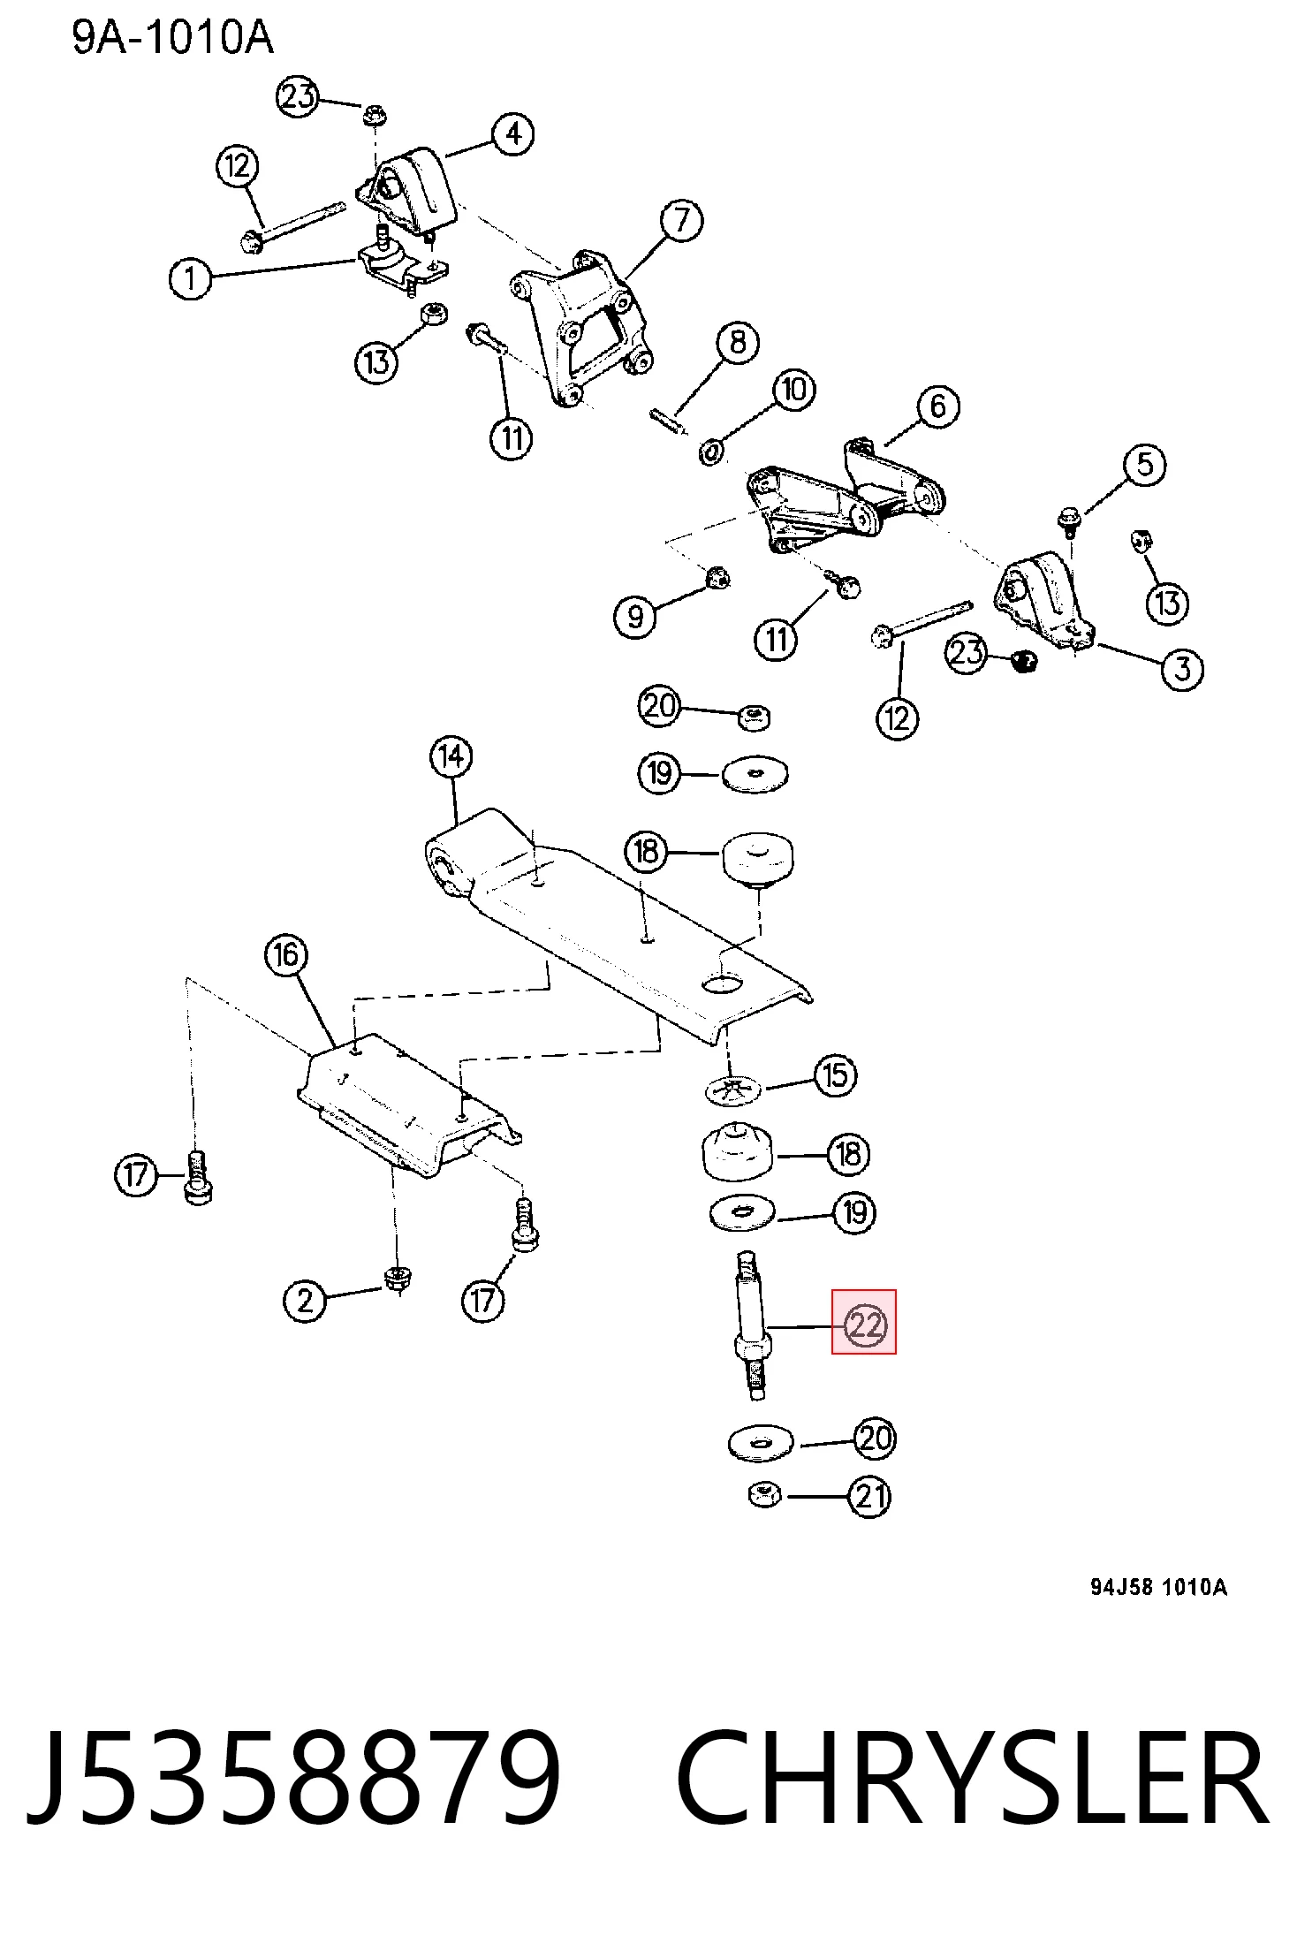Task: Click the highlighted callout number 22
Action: (864, 1325)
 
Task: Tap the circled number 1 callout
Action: (190, 279)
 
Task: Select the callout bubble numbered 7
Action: (681, 220)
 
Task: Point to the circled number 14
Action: (451, 757)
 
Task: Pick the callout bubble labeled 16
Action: (286, 955)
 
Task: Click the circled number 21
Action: (870, 1496)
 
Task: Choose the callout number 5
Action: (1145, 465)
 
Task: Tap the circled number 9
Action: (635, 615)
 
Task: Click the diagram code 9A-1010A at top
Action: (173, 37)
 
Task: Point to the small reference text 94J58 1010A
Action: (1158, 1587)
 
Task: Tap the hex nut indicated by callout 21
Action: (764, 1496)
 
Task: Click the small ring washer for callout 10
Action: (711, 452)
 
